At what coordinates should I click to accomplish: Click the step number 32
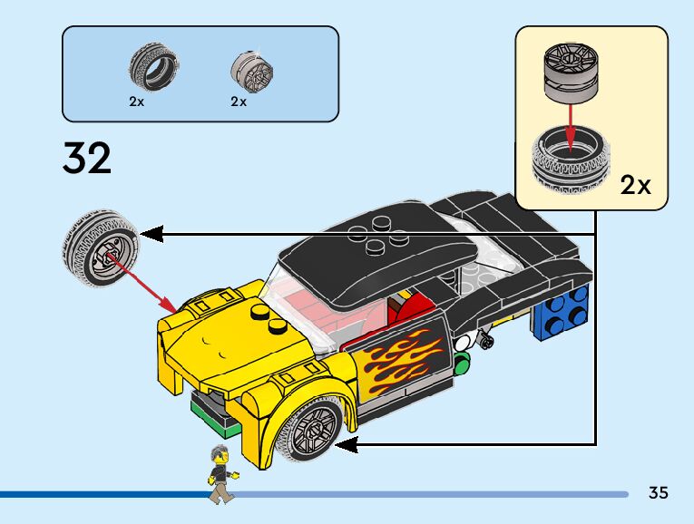click(x=87, y=158)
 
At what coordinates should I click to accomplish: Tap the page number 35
click(x=659, y=493)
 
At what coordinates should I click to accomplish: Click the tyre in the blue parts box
click(x=152, y=67)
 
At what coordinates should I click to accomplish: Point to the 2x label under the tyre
click(x=136, y=102)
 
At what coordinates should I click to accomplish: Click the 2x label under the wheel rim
click(x=238, y=102)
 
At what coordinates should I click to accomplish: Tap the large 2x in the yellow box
click(x=635, y=186)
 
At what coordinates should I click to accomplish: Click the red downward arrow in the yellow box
click(x=569, y=118)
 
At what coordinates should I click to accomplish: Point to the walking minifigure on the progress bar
click(x=218, y=474)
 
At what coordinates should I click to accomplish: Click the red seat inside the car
click(x=407, y=308)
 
